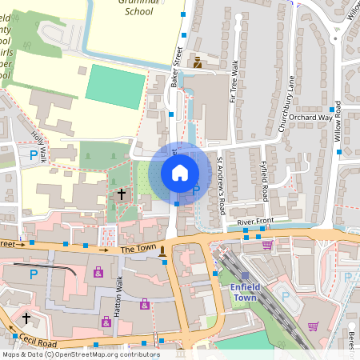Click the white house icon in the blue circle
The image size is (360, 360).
180,172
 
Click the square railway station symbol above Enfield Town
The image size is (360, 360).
245,275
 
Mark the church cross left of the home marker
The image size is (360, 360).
122,194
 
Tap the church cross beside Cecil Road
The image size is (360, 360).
26,318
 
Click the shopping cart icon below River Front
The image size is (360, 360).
267,244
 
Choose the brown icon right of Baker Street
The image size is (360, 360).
197,62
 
